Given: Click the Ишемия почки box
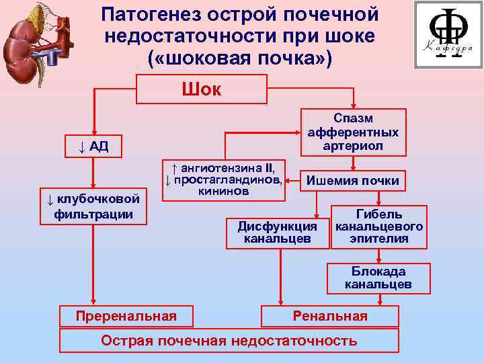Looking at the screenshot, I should point(353,181).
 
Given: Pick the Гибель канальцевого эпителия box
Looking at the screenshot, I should point(379,227).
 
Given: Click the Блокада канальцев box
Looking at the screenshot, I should point(378,278).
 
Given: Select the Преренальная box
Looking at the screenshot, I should point(126,316).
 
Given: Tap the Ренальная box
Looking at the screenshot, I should point(330,316).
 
